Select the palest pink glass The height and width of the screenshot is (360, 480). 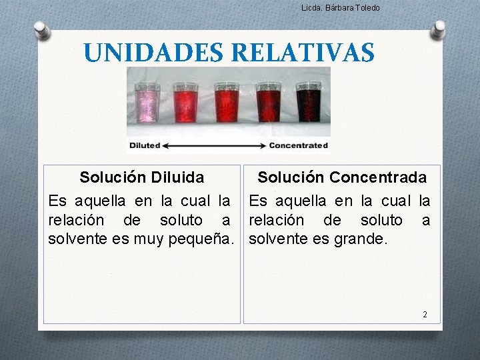[145, 103]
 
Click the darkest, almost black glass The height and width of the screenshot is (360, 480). [309, 103]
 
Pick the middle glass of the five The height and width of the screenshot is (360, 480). [227, 103]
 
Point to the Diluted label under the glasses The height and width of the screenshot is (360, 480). [145, 145]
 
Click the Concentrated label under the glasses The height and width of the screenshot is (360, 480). [299, 145]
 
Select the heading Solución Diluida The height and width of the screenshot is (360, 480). [141, 177]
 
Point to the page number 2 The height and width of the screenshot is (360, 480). [425, 314]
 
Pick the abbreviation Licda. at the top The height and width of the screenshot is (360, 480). [311, 8]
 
